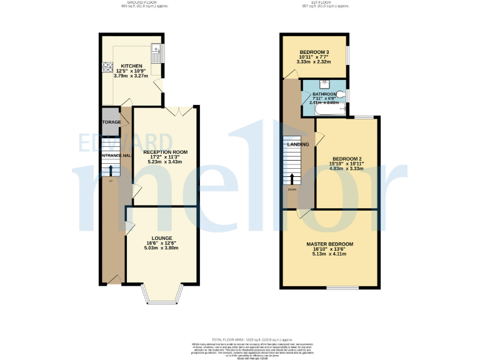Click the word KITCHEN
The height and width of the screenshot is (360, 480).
(131, 66)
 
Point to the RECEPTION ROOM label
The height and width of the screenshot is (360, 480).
(165, 152)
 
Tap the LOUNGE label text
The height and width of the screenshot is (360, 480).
(162, 237)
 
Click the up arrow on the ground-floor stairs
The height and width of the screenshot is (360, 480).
(111, 171)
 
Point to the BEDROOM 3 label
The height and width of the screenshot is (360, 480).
(314, 52)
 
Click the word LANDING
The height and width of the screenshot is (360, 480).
(297, 144)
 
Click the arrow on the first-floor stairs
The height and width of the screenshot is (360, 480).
(292, 180)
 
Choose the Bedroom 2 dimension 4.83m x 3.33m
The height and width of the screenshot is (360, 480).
(347, 168)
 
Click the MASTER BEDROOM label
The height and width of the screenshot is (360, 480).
(330, 244)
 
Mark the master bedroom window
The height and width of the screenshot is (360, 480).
(342, 287)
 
